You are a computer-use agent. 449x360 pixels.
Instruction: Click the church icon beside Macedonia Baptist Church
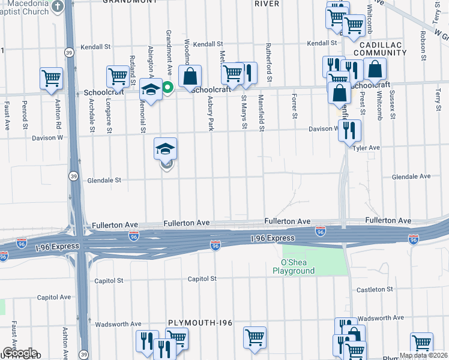[x=58, y=7]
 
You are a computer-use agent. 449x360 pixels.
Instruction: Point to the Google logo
[x=19, y=353]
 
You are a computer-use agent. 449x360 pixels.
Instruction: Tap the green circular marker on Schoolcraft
[x=169, y=88]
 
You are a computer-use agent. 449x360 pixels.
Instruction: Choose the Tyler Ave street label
[x=367, y=148]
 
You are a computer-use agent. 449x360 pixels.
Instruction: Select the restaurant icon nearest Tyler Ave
[x=349, y=130]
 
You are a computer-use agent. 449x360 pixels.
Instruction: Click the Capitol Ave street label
[x=54, y=297]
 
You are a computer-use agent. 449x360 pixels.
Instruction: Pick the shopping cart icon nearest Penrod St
[x=51, y=77]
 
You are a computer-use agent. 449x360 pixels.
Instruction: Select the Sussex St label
[x=393, y=105]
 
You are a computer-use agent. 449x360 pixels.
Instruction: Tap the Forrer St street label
[x=294, y=106]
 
